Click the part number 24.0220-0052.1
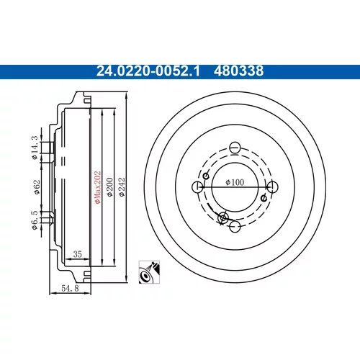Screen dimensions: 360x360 click(x=148, y=71)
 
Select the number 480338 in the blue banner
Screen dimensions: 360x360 click(x=238, y=71)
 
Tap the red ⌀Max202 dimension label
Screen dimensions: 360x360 click(x=97, y=187)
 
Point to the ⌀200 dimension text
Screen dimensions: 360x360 click(x=109, y=187)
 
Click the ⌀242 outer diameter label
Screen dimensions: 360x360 click(x=122, y=187)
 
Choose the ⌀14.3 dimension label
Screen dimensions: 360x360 click(x=35, y=148)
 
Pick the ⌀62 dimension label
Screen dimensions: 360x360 click(x=37, y=187)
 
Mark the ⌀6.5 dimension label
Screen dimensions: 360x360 click(x=35, y=220)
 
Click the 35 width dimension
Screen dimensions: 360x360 click(x=78, y=254)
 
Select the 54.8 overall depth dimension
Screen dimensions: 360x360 click(x=70, y=288)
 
